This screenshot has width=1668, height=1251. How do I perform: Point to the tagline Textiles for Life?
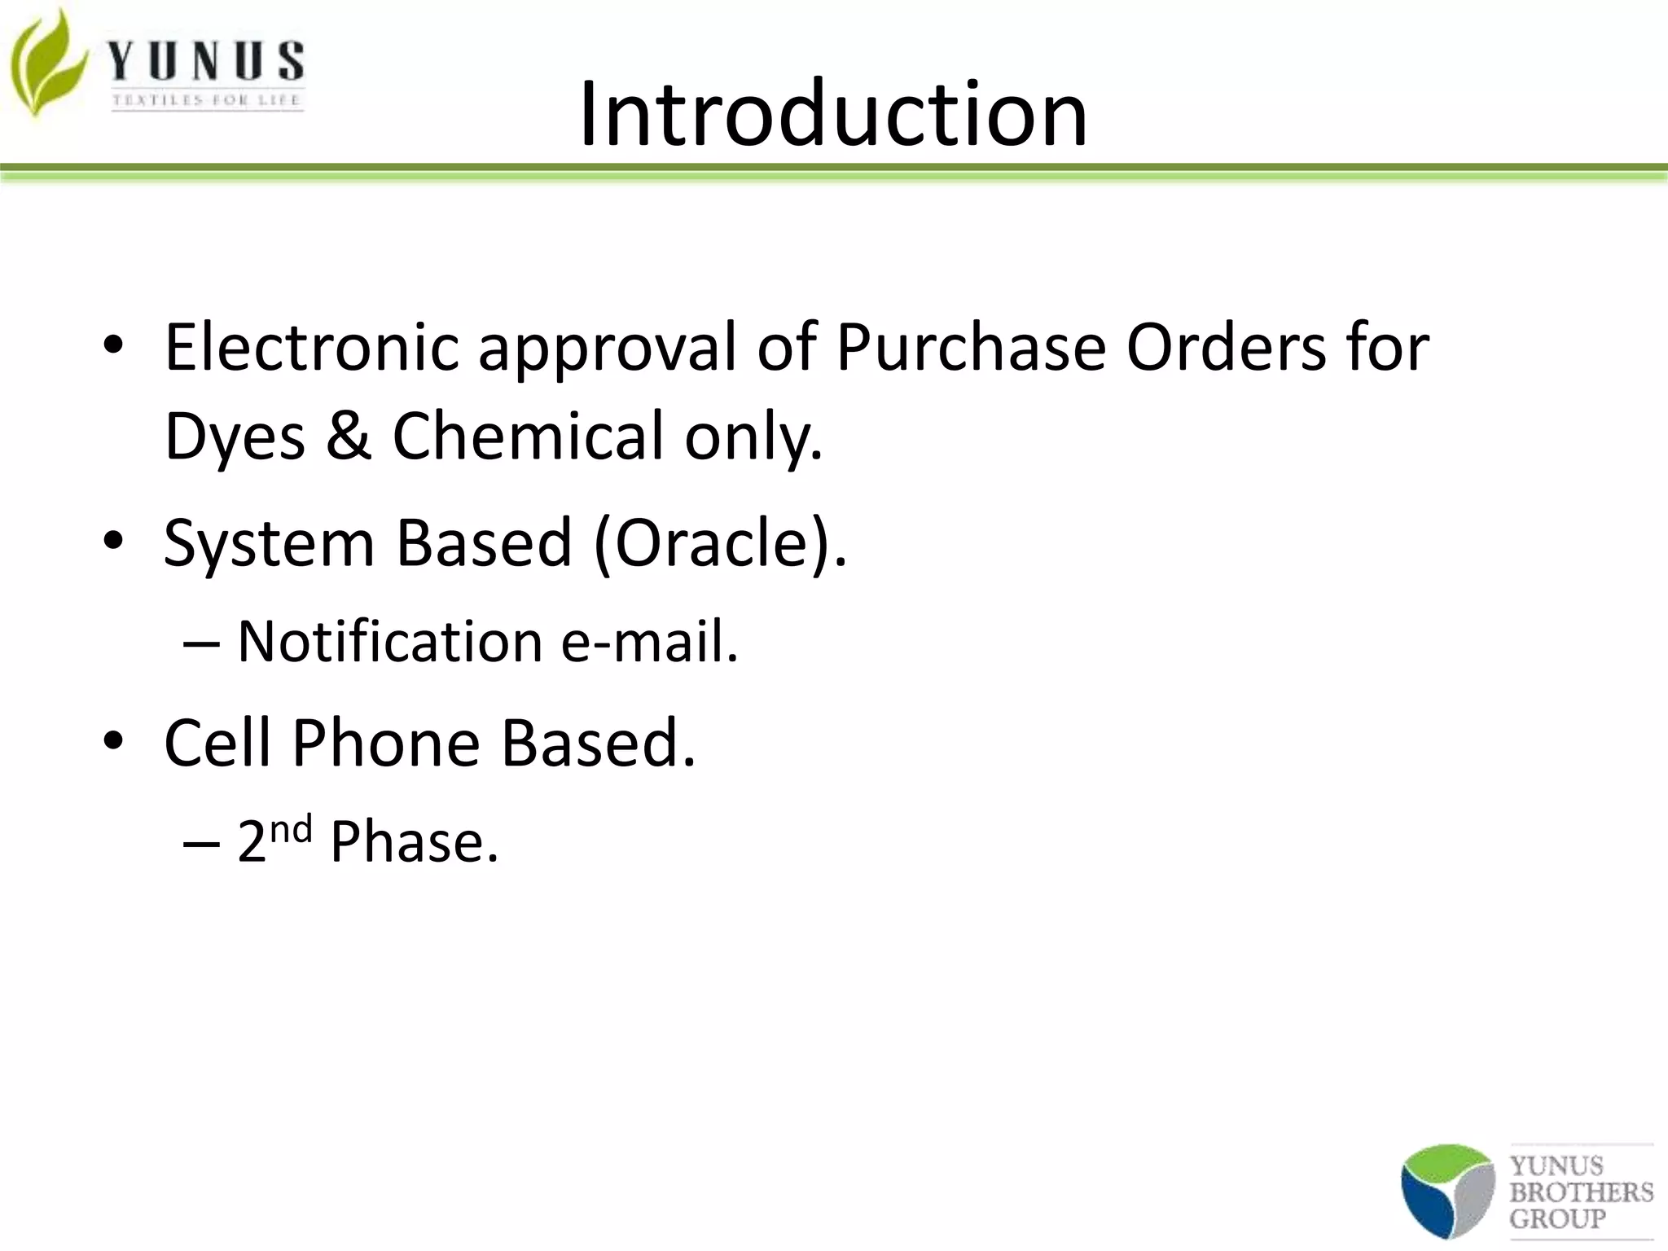[x=207, y=100]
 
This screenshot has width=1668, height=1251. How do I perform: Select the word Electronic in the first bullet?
[x=312, y=348]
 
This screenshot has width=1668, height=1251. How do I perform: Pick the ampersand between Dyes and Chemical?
[x=349, y=435]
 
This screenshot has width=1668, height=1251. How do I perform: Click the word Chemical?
[x=529, y=435]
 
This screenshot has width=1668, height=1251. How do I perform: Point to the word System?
[x=268, y=544]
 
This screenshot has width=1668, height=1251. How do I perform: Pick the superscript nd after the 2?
[x=292, y=829]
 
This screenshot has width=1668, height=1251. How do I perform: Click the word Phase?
[x=414, y=842]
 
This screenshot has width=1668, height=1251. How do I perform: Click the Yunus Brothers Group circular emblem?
[x=1447, y=1191]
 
